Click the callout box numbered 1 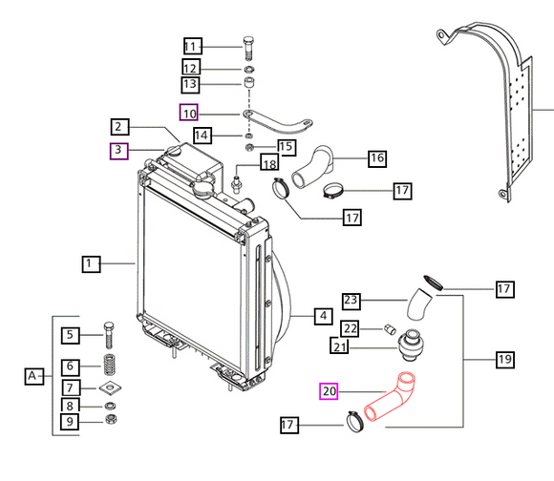coord(90,261)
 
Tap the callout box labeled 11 coord(193,47)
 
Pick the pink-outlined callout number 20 coord(329,391)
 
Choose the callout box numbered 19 coord(504,360)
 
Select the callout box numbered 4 coord(323,316)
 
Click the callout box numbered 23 coord(351,301)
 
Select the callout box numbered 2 coord(119,126)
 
